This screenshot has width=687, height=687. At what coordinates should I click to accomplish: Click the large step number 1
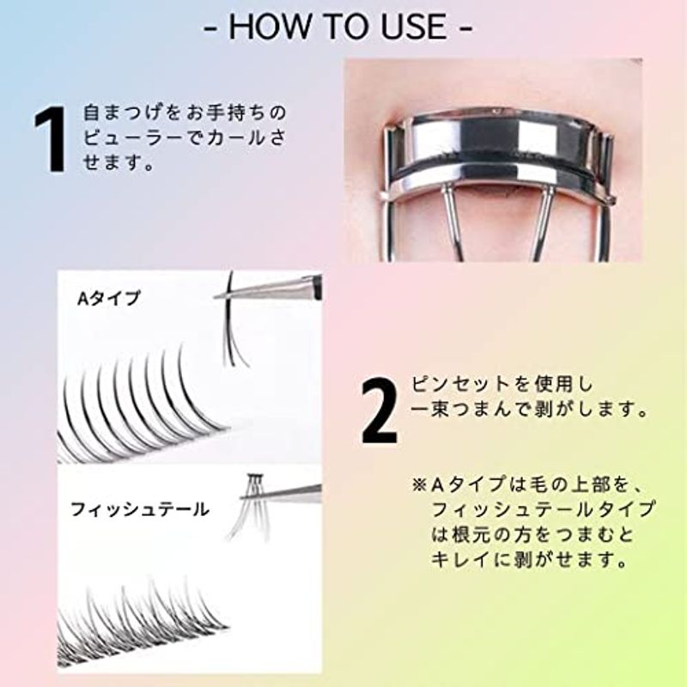[52, 139]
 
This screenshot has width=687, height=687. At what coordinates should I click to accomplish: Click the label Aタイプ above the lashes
[109, 298]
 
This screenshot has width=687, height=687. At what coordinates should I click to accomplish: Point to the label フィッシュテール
[139, 509]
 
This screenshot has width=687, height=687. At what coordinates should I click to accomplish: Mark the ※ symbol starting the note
[419, 484]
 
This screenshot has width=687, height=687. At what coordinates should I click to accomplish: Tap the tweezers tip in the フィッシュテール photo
[243, 497]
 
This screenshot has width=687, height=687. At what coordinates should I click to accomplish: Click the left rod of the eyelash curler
[453, 223]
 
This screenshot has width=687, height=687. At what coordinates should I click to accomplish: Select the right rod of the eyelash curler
[541, 223]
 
